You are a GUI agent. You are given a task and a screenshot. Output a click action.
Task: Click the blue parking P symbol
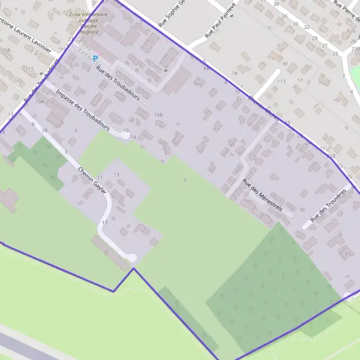(95, 58)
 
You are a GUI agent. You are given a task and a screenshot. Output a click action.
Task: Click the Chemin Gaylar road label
(92, 181)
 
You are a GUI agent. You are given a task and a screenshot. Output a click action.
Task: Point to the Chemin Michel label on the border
(264, 109)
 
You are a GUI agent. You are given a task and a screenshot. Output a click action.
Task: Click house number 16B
(158, 114)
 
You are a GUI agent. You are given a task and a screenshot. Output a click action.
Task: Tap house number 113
(281, 80)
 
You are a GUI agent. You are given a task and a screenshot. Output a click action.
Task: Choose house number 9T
(286, 64)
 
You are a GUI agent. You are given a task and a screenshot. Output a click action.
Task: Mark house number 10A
(40, 102)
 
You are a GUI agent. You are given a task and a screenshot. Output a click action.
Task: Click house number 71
(347, 254)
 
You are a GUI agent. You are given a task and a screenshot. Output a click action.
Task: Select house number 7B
(235, 73)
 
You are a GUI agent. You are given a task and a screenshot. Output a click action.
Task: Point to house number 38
(276, 4)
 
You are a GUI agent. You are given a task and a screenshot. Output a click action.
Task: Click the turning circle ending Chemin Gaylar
(132, 257)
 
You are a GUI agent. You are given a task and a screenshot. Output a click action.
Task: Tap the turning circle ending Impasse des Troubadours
(124, 136)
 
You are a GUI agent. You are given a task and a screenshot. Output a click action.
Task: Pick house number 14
(133, 137)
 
